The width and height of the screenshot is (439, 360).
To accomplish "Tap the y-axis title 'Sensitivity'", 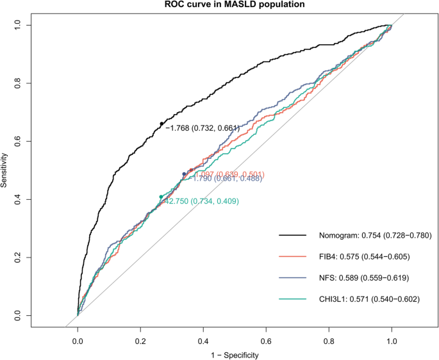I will pos(5,170).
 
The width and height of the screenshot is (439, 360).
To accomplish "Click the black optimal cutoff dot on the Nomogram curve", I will pos(162,124).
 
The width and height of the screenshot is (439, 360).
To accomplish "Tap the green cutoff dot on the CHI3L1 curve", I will pos(161,197).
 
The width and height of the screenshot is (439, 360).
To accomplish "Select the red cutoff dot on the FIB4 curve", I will pos(191,170).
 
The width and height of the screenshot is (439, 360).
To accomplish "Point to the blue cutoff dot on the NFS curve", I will pos(184,174).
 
